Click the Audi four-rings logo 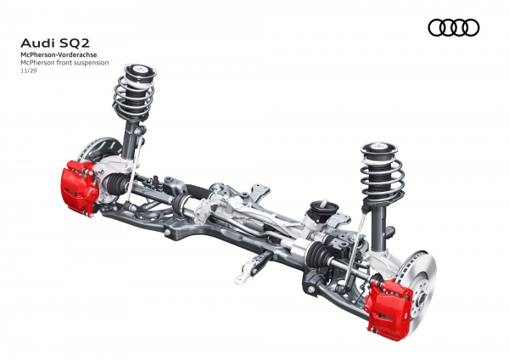click(454, 28)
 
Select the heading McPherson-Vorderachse click(59, 55)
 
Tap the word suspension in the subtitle click(92, 63)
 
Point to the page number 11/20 click(29, 70)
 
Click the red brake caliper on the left click(79, 187)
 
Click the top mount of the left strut click(141, 70)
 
